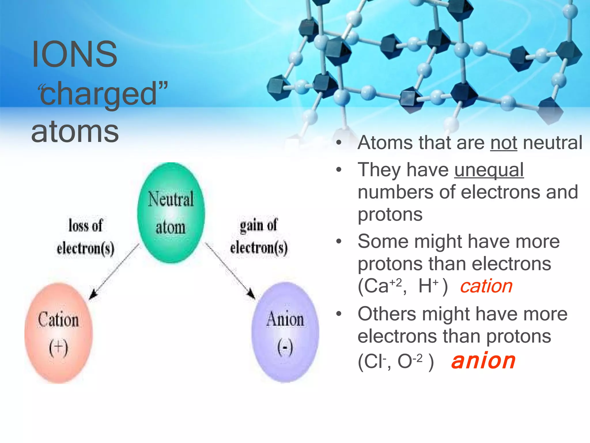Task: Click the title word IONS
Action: coord(74,54)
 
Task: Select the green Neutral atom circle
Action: coord(171,213)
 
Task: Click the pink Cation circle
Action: coord(58,333)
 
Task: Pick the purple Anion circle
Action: coord(285,332)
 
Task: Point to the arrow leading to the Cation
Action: coord(114,273)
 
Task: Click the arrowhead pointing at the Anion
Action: coord(251,294)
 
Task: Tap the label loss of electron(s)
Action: coord(86,236)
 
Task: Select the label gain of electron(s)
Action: coord(258,236)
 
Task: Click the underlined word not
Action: coord(504,142)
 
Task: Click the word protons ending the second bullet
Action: coord(390,214)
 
